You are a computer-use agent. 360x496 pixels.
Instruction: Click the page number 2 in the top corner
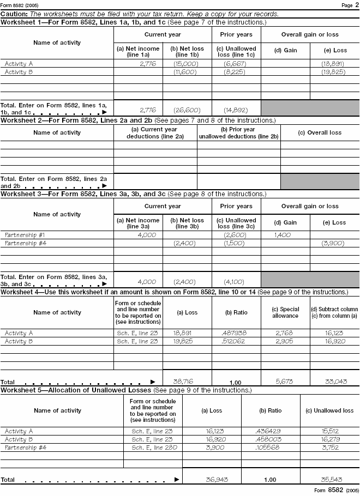(356, 5)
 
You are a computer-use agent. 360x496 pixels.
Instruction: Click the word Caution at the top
(14, 14)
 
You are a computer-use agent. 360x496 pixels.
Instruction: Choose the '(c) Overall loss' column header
(320, 132)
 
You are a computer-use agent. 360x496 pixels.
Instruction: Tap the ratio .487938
(236, 332)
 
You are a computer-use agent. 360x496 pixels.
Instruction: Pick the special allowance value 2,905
(285, 341)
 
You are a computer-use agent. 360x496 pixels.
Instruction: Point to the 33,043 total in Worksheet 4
(334, 382)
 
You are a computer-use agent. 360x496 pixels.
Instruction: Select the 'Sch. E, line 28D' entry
(152, 447)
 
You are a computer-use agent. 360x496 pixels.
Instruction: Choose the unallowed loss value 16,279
(329, 439)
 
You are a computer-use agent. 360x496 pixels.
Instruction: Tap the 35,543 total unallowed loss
(329, 480)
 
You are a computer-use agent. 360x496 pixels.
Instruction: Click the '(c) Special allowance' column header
(285, 312)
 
